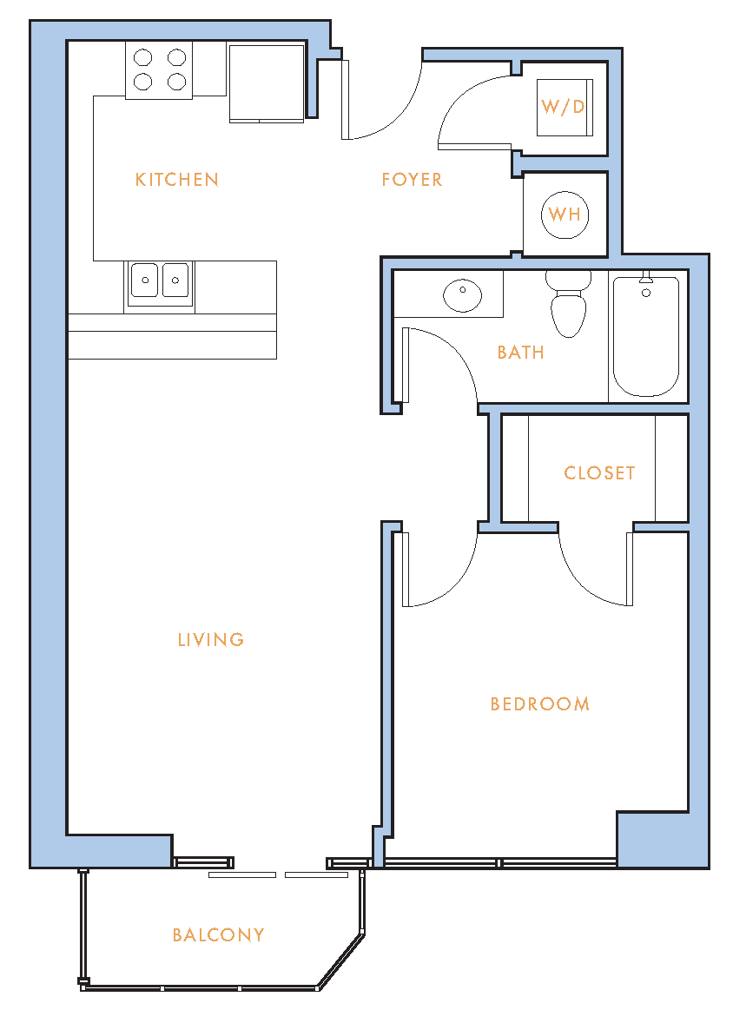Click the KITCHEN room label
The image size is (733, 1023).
[177, 180]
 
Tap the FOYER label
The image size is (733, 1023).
[412, 180]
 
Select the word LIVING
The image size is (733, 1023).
[211, 639]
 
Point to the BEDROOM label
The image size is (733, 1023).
[540, 704]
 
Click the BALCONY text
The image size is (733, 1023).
[218, 935]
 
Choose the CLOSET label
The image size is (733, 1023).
[599, 473]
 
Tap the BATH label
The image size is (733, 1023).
[520, 353]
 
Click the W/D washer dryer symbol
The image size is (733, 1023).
[565, 108]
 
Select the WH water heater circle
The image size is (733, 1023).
[565, 214]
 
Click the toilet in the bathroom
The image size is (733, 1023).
[568, 306]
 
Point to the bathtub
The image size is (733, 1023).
[646, 336]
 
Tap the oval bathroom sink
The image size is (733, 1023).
[462, 295]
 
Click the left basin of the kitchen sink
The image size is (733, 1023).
[144, 280]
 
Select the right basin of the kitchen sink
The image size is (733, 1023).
[175, 280]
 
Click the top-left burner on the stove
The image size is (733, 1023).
[143, 58]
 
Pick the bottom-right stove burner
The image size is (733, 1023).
[177, 82]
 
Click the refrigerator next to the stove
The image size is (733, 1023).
[267, 82]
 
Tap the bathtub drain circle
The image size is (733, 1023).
[646, 293]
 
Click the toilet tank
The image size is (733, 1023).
[568, 280]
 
